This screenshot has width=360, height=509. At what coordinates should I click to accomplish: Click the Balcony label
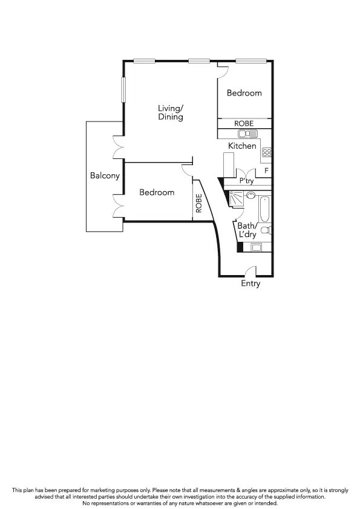[x=105, y=176]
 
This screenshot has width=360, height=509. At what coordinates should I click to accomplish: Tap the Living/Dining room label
[x=171, y=112]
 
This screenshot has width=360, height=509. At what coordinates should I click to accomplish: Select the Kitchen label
[x=242, y=146]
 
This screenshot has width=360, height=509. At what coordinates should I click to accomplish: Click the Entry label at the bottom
[x=250, y=284]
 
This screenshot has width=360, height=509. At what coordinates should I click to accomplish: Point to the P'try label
[x=246, y=181]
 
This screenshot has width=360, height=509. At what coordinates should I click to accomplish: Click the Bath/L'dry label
[x=247, y=230]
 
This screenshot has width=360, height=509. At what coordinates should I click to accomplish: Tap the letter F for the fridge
[x=266, y=170]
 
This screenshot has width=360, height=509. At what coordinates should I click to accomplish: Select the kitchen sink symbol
[x=248, y=134]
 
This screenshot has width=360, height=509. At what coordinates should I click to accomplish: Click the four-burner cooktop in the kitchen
[x=266, y=154]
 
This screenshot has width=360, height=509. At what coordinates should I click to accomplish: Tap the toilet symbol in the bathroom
[x=269, y=230]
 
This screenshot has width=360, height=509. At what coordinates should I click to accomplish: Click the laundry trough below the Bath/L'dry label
[x=256, y=247]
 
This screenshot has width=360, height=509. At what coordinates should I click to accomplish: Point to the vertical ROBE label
[x=198, y=203]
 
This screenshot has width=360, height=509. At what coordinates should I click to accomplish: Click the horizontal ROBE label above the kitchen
[x=244, y=123]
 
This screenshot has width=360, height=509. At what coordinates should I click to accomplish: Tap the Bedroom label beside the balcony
[x=157, y=192]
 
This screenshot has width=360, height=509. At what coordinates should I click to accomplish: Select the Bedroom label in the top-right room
[x=244, y=93]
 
